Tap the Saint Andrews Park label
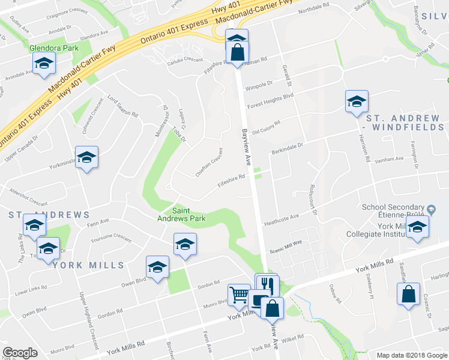[x=189, y=214]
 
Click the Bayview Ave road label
[x=247, y=146]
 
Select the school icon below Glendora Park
[x=44, y=64]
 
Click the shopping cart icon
[x=239, y=295]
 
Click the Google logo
[x=20, y=353]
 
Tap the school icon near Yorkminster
[x=87, y=157]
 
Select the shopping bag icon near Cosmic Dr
[x=409, y=295]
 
